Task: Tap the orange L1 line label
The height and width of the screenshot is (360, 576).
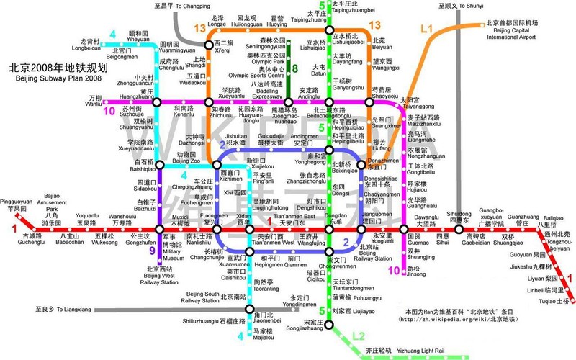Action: (426, 29)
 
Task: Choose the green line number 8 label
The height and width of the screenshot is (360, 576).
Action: (294, 68)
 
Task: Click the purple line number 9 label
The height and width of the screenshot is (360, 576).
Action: (152, 251)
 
